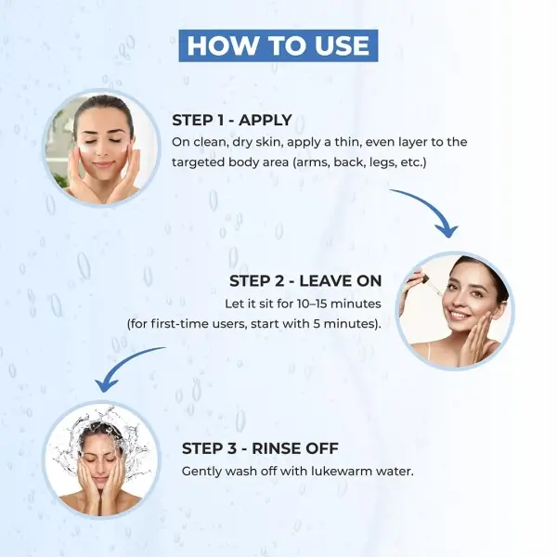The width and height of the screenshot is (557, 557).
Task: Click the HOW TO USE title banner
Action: (x=278, y=45)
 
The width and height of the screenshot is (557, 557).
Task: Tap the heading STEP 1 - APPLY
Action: (x=232, y=120)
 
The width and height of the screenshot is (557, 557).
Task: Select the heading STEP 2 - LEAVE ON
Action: (x=305, y=281)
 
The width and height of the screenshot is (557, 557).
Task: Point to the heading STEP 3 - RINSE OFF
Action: (x=260, y=448)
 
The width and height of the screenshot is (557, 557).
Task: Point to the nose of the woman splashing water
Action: (x=100, y=466)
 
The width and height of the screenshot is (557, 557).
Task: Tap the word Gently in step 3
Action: (x=201, y=472)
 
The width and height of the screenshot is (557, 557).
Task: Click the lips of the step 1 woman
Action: (x=103, y=165)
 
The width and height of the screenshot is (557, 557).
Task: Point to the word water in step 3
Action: (x=395, y=472)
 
